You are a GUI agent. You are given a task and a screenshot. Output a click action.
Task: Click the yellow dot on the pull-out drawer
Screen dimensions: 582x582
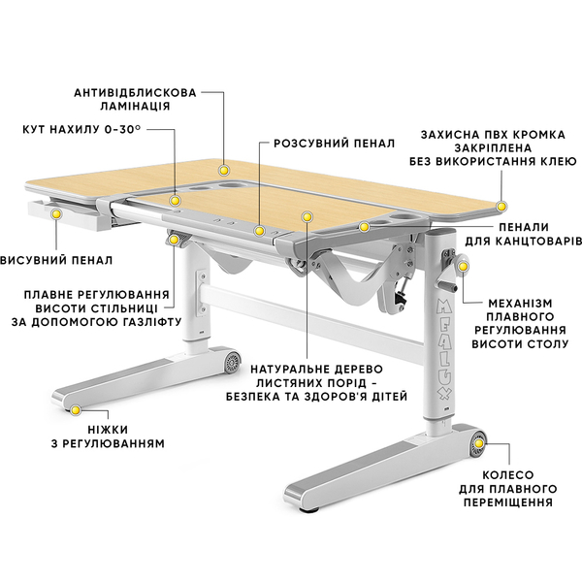pyautogui.click(x=56, y=213)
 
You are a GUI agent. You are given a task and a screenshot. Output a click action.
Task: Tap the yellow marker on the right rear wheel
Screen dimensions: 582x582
pyautogui.click(x=479, y=443)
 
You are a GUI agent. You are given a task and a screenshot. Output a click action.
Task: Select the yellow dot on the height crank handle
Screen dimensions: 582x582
pyautogui.click(x=463, y=266)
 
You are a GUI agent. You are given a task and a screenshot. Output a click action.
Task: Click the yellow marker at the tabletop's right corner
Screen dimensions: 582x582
pyautogui.click(x=501, y=207)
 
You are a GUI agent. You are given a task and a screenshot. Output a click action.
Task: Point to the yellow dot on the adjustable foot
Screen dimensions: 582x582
pyautogui.click(x=76, y=410)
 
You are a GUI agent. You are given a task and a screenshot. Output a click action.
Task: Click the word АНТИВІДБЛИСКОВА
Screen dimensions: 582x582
pyautogui.click(x=135, y=93)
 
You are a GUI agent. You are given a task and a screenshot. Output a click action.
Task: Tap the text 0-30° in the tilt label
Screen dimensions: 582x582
pyautogui.click(x=122, y=129)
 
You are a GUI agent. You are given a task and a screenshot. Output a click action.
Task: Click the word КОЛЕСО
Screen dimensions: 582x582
pyautogui.click(x=507, y=474)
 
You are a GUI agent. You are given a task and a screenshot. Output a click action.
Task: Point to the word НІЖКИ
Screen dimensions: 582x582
pyautogui.click(x=108, y=430)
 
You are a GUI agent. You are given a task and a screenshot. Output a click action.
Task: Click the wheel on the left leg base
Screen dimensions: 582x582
pyautogui.click(x=233, y=361)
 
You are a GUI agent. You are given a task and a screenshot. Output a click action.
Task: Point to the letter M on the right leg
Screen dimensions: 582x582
pyautogui.click(x=444, y=307)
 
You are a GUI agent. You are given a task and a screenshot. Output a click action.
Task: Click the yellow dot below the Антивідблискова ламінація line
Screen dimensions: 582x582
pyautogui.click(x=224, y=171)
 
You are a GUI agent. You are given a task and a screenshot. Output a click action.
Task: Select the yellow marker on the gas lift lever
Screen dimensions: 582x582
pyautogui.click(x=174, y=240)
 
